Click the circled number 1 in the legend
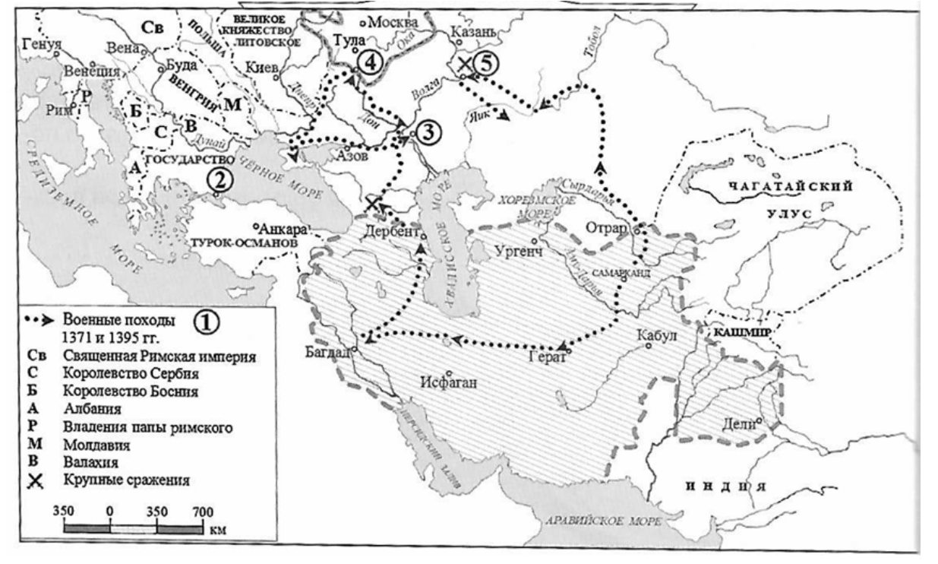pos(205,322)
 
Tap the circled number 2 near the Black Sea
pos(218,180)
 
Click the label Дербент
pos(393,232)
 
